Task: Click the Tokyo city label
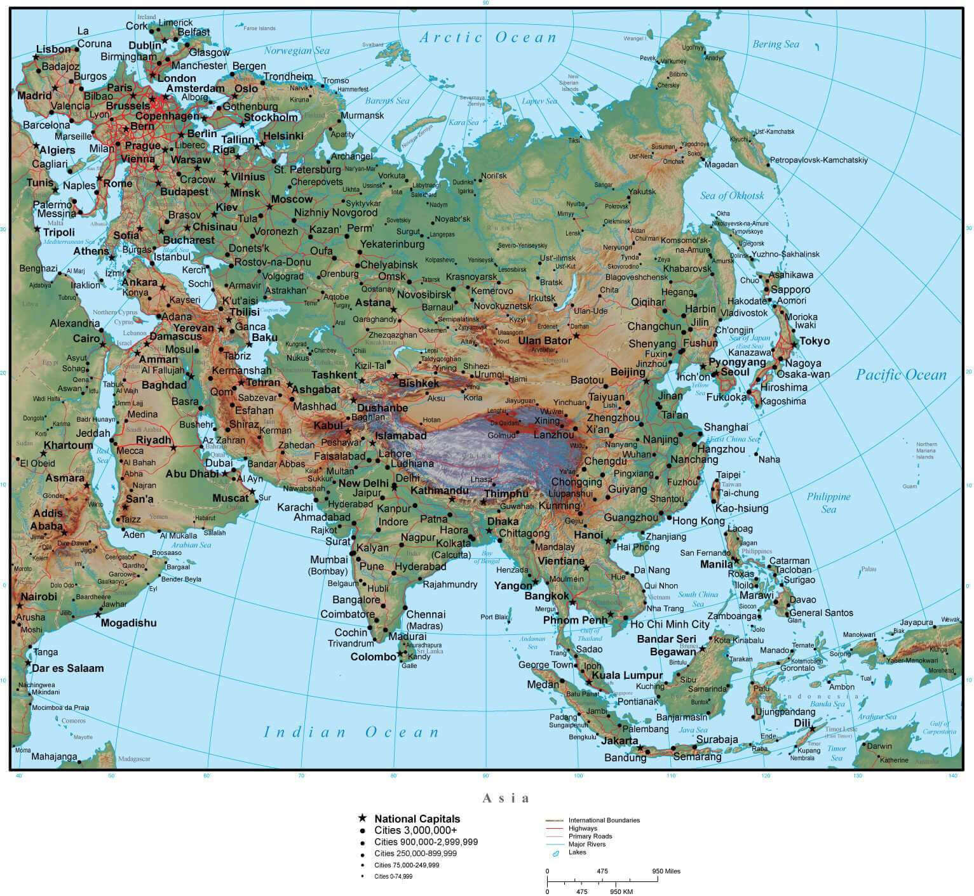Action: [x=814, y=341]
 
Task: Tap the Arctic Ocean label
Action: [x=487, y=37]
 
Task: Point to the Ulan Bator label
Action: [x=545, y=340]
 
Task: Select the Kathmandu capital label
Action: [x=439, y=491]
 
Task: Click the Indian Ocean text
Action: [x=351, y=732]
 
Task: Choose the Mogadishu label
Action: [x=129, y=623]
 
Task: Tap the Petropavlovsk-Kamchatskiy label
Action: [x=818, y=161]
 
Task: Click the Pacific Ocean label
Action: [x=900, y=375]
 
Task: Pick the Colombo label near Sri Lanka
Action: [x=373, y=657]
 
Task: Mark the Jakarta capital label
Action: [x=619, y=741]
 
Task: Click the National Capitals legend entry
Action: [x=417, y=819]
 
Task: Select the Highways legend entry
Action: [x=583, y=828]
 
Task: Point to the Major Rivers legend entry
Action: [x=587, y=844]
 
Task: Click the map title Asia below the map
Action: [x=506, y=798]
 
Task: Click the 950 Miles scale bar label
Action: [x=666, y=871]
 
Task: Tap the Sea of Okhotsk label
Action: [x=732, y=196]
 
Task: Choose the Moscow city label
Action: [x=292, y=199]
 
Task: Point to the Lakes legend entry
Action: [x=577, y=852]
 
